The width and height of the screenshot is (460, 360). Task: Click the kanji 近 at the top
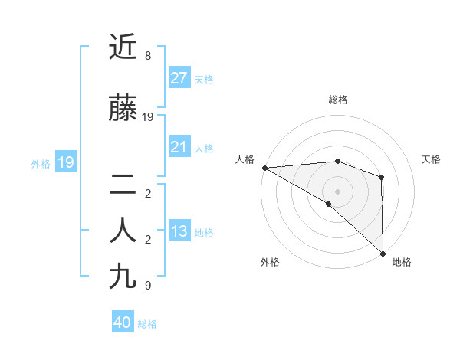124,49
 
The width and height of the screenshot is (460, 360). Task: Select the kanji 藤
124,110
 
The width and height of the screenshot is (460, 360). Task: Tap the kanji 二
124,185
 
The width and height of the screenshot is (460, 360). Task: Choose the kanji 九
124,277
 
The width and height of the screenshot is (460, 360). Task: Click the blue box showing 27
179,78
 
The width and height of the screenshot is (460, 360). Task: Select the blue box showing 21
179,147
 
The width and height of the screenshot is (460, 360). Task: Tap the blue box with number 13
179,232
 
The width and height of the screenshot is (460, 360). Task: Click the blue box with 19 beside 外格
65,162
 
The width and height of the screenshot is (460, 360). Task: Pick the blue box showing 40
122,322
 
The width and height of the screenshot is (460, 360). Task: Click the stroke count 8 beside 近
147,56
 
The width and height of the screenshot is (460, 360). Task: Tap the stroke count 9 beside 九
147,286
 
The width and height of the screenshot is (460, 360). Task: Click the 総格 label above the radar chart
337,100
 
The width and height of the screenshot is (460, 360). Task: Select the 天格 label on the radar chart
431,159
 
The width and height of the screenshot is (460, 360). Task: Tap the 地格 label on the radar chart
402,262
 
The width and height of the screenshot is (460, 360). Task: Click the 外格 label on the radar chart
270,262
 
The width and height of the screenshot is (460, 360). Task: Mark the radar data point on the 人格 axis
264,168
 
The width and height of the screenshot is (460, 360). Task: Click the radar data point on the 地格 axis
382,253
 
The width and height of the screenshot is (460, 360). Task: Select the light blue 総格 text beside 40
147,324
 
